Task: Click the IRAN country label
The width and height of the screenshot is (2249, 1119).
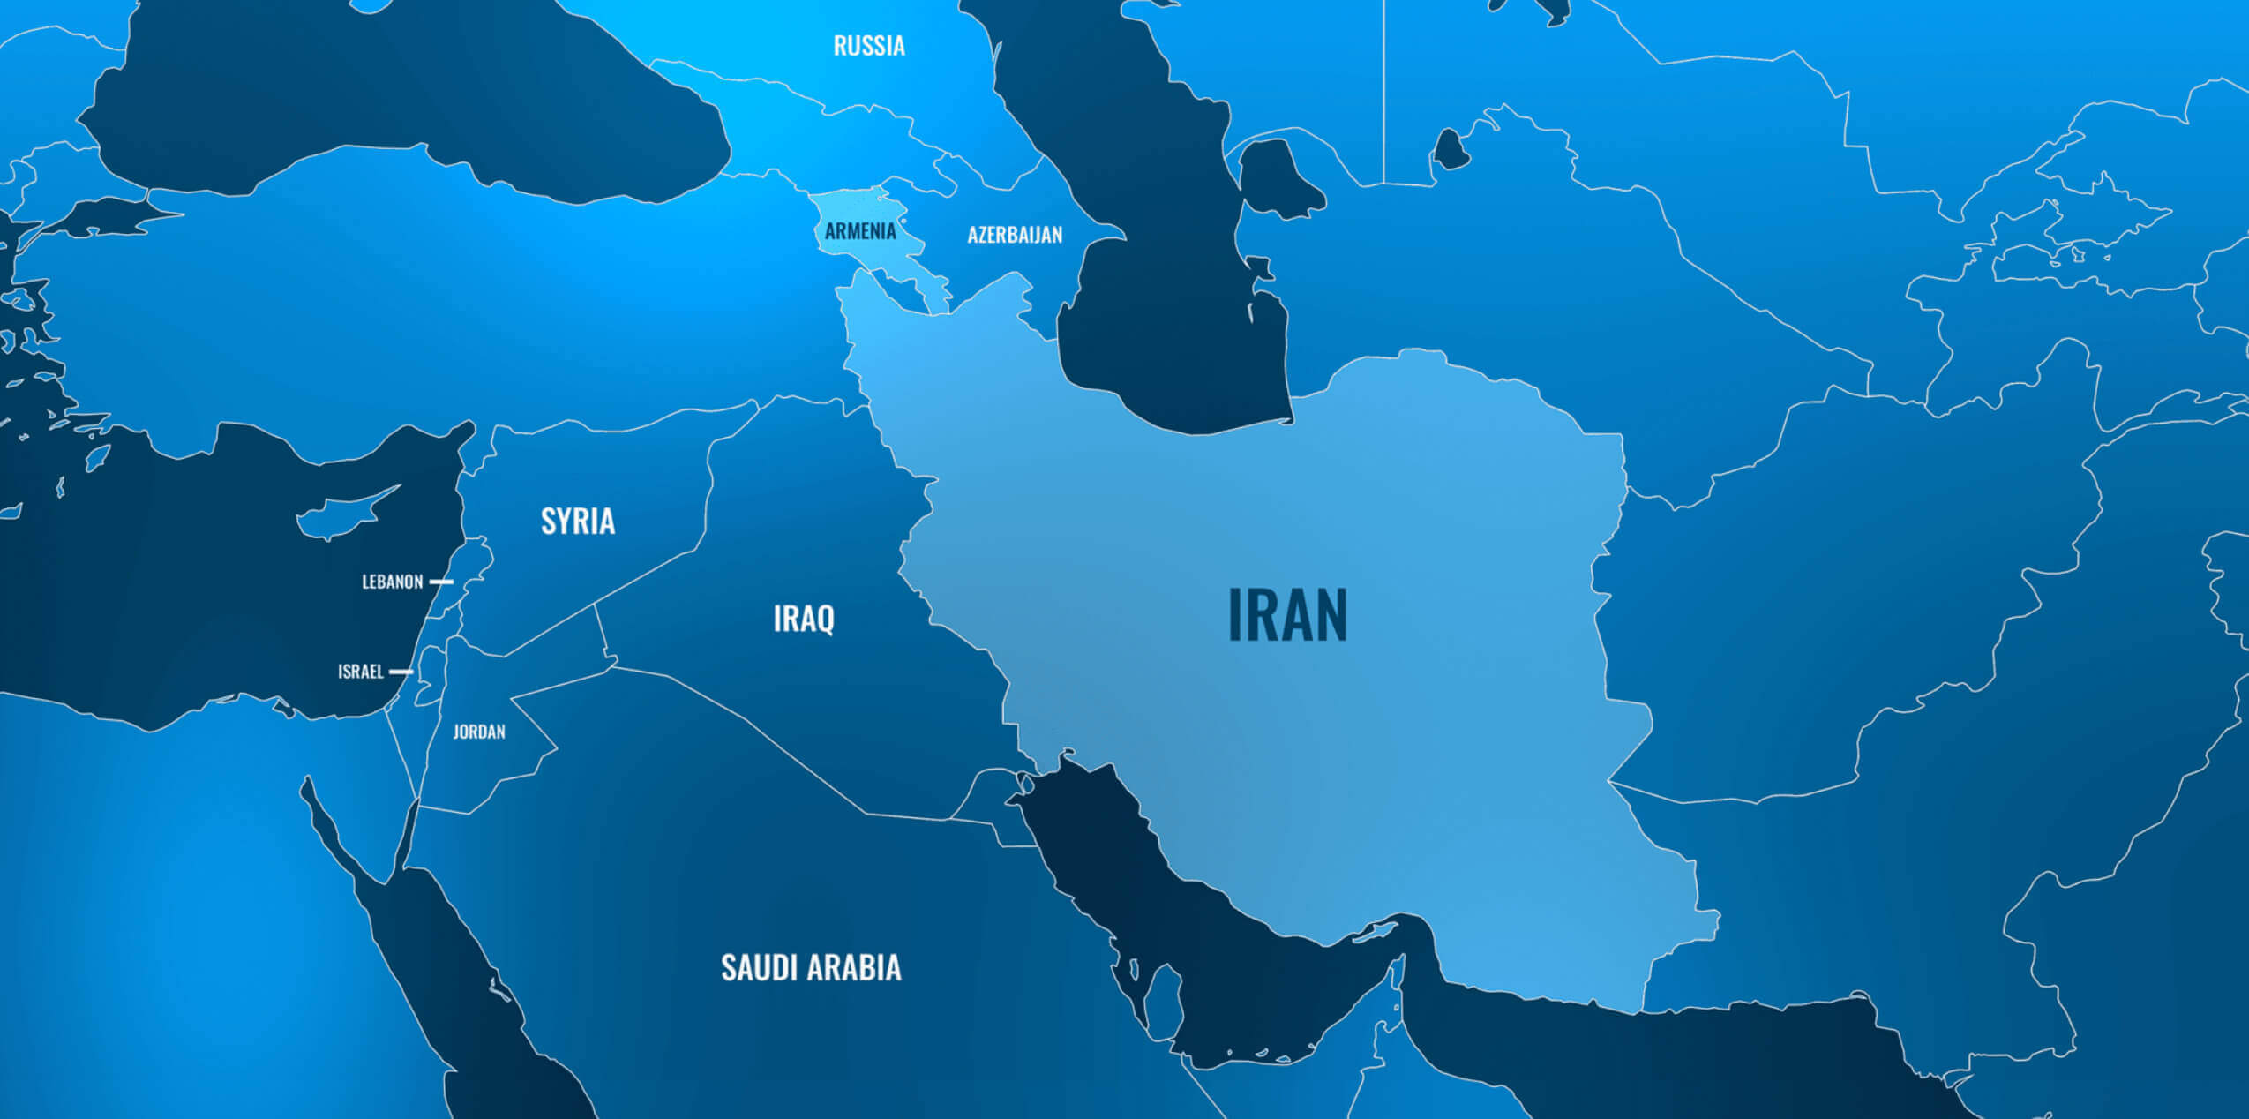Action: [x=1287, y=615]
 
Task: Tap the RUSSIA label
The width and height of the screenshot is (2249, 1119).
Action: [x=869, y=46]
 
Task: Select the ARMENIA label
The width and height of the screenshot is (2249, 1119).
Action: [x=860, y=231]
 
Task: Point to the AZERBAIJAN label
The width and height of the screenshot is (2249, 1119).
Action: [x=1015, y=235]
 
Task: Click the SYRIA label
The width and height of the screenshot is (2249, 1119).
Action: [x=578, y=521]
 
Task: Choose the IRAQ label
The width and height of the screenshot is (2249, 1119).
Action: [x=804, y=618]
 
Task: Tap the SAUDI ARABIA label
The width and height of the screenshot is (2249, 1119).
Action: [x=811, y=967]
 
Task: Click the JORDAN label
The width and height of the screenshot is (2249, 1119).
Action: [x=479, y=732]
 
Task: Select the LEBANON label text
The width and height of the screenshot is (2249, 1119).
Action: [x=393, y=582]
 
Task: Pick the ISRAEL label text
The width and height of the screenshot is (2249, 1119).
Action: [x=361, y=672]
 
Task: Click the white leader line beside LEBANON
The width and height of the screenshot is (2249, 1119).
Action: [x=441, y=582]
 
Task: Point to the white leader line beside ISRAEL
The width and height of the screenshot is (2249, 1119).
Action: [x=401, y=672]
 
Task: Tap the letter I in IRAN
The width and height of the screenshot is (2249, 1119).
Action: [x=1234, y=615]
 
